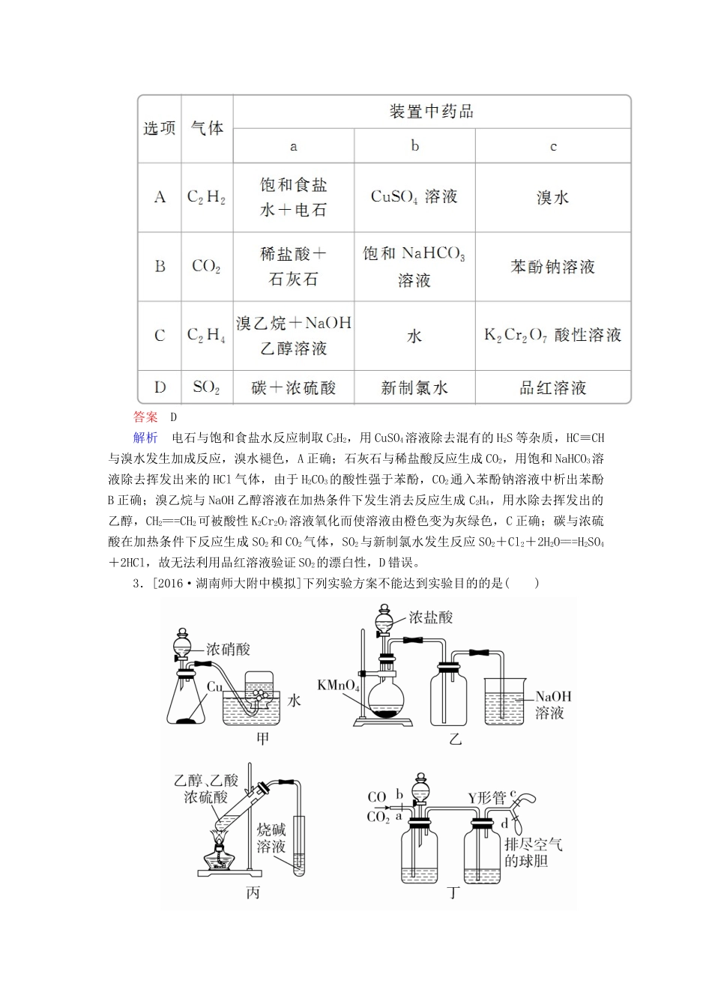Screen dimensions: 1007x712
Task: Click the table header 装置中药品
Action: coord(431,112)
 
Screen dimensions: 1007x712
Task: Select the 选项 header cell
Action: coord(159,128)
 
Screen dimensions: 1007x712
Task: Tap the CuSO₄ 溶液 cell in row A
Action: coord(414,197)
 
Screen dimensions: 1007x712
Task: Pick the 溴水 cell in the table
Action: coord(552,198)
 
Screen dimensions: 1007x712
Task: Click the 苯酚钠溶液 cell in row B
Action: coord(552,267)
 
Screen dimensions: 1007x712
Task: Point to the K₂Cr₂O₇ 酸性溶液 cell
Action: coord(552,335)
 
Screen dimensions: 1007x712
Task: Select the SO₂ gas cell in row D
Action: coord(206,387)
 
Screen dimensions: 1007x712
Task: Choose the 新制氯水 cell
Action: coord(414,388)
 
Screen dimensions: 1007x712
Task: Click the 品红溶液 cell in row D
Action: coord(552,388)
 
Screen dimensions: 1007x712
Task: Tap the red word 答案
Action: coord(145,417)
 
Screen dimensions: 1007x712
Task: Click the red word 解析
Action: coord(145,438)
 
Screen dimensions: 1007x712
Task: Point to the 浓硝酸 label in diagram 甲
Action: coord(229,650)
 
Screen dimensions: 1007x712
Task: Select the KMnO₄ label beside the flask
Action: coord(338,686)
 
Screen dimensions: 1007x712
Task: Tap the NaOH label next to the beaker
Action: coord(553,696)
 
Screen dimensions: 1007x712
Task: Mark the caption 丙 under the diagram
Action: coord(253,893)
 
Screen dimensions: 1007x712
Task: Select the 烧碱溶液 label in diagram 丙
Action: coord(271,838)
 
